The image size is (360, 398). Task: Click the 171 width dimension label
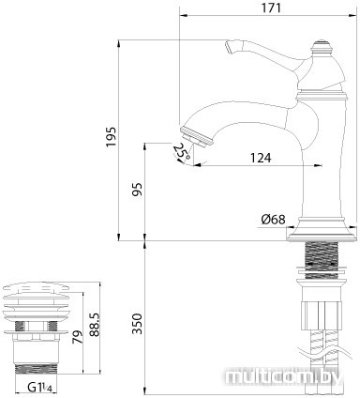point(271,8)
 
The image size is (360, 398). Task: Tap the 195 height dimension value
point(111,137)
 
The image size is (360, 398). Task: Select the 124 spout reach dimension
point(261,158)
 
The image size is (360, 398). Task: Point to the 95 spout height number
point(137,189)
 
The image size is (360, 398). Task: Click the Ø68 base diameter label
point(273,220)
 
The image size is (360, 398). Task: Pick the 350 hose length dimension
point(137,324)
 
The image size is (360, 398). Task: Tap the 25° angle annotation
point(182,151)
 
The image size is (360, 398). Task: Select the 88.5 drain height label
point(95,325)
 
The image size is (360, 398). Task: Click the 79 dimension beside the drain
point(78,337)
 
